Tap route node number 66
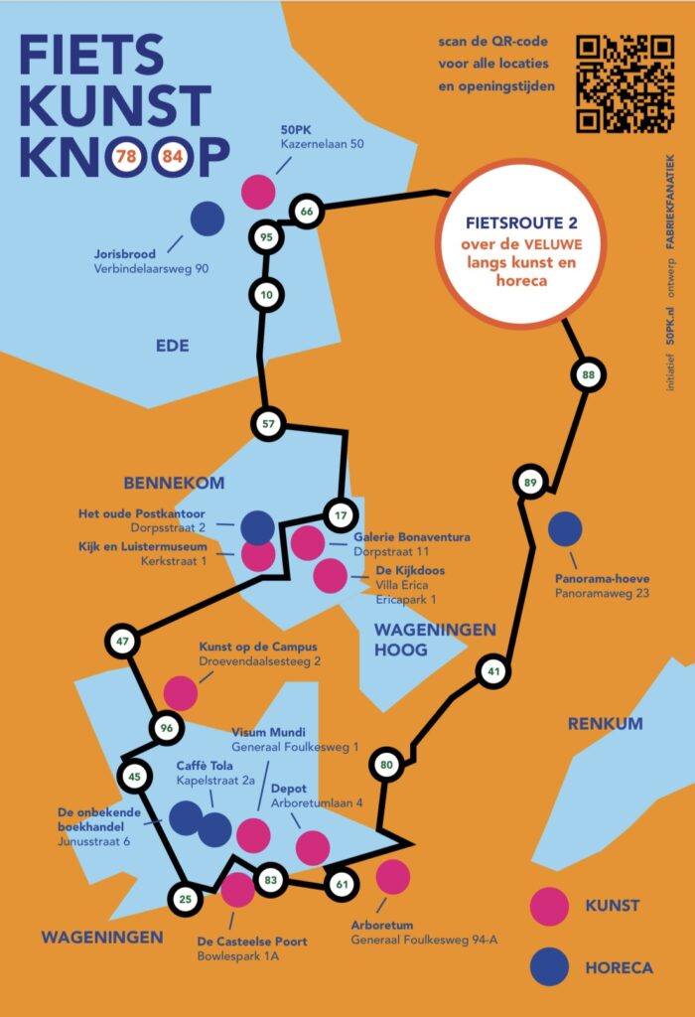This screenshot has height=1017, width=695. coord(307,211)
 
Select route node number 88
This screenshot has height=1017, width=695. coord(588,374)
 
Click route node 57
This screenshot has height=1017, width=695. coord(267,423)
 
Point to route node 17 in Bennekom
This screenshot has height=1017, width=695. coord(341,515)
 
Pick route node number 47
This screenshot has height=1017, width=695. coord(123,642)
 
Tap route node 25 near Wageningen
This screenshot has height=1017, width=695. coord(186,900)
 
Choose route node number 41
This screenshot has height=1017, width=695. coord(492,672)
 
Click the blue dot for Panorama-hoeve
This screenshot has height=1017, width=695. coord(565,529)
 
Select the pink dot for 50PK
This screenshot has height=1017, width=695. coord(258,191)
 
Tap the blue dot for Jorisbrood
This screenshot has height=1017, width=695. coord(208,218)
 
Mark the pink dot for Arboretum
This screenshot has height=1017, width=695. coord(393,876)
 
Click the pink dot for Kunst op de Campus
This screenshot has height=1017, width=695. coord(181,692)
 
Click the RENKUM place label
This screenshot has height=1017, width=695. coord(605,724)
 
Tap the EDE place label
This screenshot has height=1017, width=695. coord(172,346)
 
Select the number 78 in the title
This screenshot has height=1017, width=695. coord(126,156)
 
